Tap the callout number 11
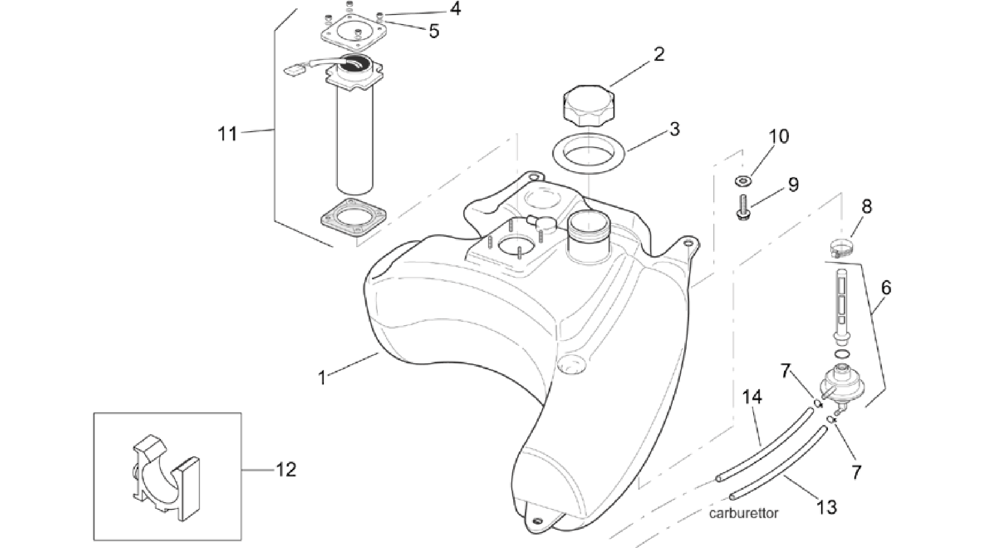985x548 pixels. click(x=227, y=134)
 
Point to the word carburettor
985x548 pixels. click(x=743, y=513)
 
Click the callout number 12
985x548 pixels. click(x=286, y=469)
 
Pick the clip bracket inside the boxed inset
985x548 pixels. click(x=166, y=478)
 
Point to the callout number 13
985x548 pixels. click(x=826, y=507)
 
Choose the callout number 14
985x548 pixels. click(x=752, y=397)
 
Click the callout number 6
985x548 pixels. click(x=886, y=288)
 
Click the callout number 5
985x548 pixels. click(x=434, y=32)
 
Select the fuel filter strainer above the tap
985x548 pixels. click(x=840, y=306)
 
